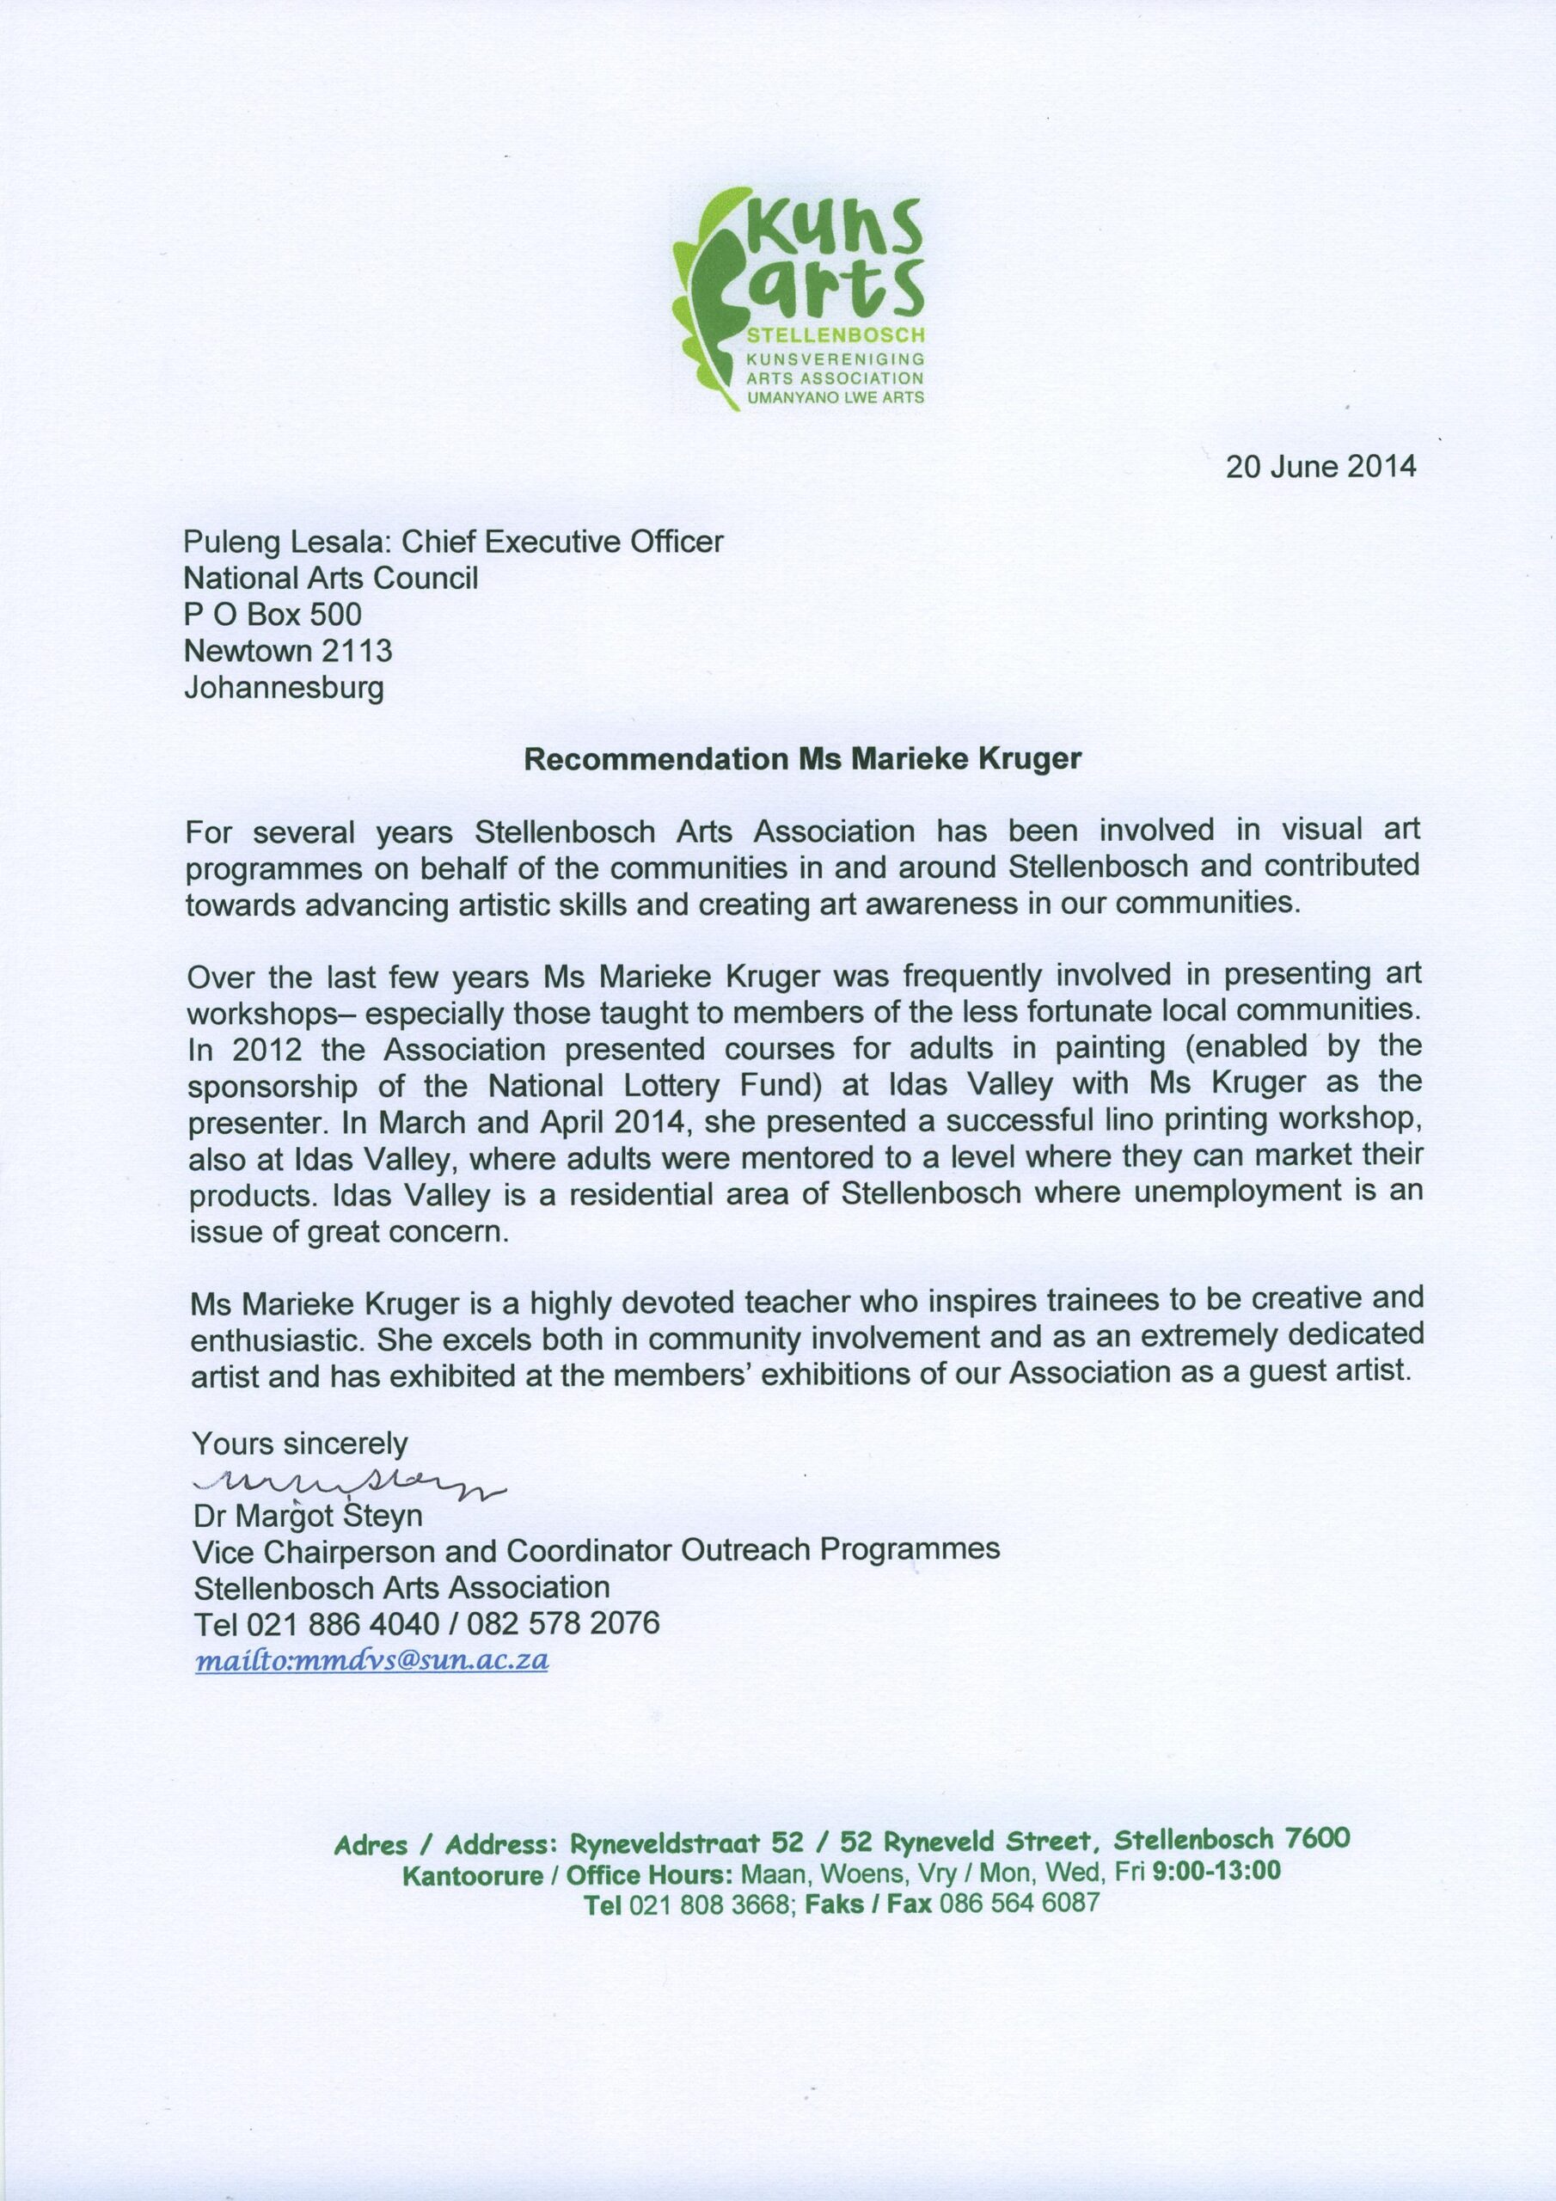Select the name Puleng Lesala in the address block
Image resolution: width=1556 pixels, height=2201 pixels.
285,543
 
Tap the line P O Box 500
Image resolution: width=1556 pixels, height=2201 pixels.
273,614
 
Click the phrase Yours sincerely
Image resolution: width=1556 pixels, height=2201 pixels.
300,1444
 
